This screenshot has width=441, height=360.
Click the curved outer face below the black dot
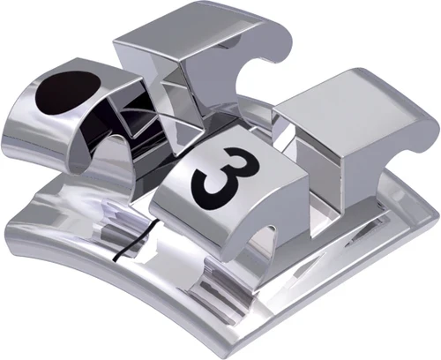[x=44, y=132]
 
